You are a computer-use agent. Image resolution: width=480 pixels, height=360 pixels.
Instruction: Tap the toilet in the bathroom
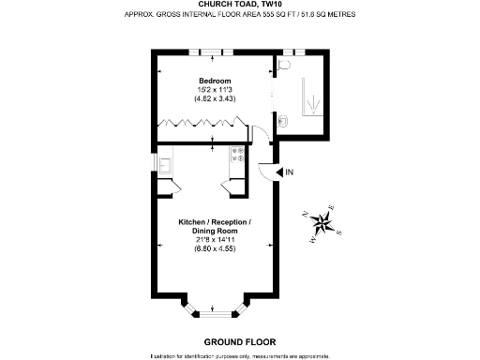tap(286, 67)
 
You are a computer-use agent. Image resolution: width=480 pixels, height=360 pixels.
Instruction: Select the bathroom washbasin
tap(283, 119)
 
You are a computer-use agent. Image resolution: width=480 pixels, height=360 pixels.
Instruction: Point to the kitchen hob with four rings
tap(238, 153)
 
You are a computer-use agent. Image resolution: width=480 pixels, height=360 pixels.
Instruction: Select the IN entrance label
tap(289, 172)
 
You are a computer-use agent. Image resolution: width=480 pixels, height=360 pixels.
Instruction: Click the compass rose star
tap(324, 222)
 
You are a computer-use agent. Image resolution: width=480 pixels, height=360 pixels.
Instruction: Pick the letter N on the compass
tap(307, 215)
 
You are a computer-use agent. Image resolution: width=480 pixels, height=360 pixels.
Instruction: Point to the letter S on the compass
tap(339, 232)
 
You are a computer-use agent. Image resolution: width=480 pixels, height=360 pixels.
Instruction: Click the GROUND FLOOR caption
tap(239, 341)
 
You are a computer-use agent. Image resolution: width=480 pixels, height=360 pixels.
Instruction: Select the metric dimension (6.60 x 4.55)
tap(215, 249)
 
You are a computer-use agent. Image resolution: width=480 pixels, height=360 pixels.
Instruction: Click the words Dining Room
tap(215, 231)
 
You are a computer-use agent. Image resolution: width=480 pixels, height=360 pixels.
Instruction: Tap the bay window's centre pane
tap(215, 312)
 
